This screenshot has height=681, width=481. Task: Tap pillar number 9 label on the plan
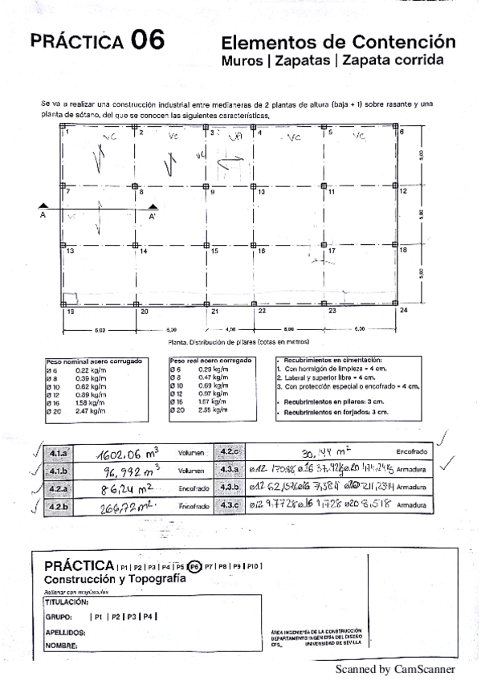[213, 193]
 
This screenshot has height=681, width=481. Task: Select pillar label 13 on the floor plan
[70, 251]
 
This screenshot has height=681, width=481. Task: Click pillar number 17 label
[330, 251]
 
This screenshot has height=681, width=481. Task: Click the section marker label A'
[152, 216]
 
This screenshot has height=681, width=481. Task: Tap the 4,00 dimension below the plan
[231, 329]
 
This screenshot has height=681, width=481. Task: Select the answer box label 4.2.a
[59, 488]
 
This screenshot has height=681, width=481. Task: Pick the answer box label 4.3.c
[230, 504]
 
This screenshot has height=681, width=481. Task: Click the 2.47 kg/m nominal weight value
[91, 410]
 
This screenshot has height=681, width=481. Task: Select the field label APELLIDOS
[65, 632]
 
